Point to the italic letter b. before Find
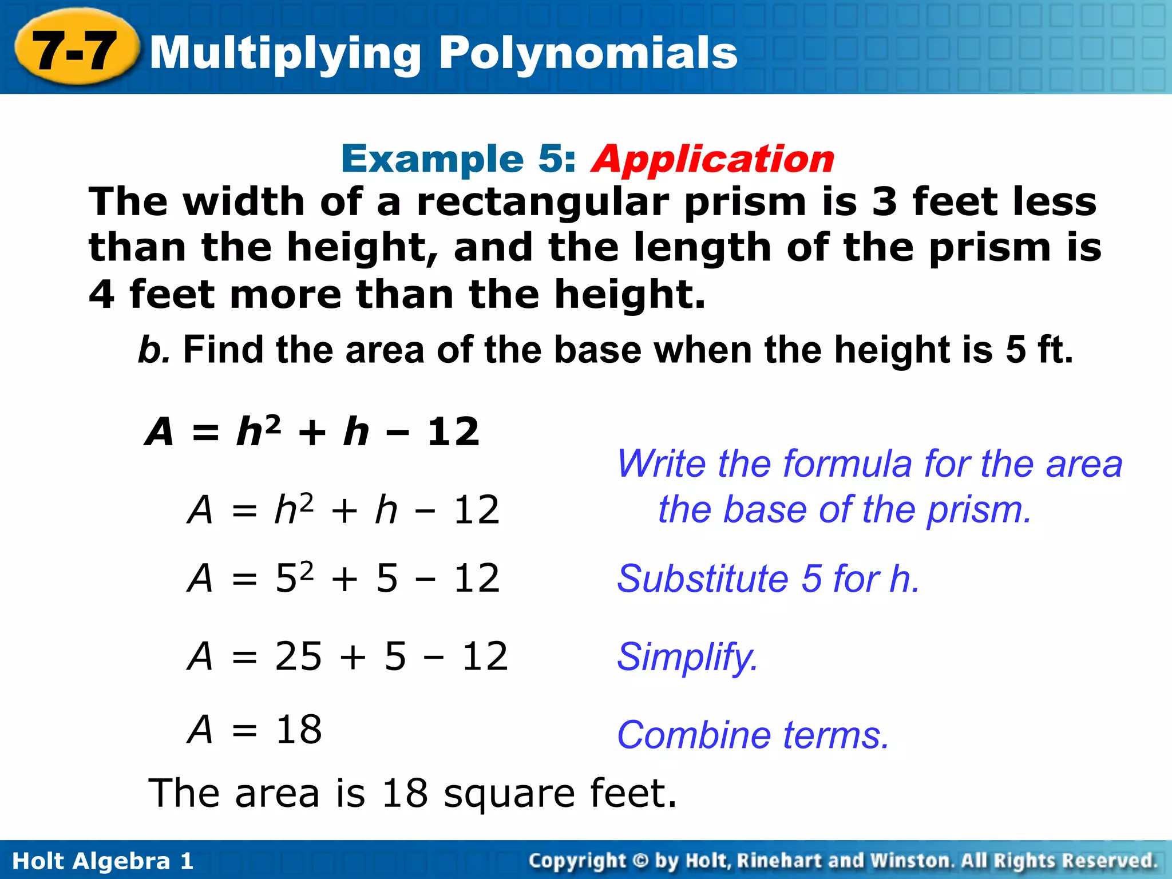pos(153,350)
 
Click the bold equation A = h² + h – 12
pos(312,431)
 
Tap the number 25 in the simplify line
pos(298,656)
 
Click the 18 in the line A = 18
pos(298,730)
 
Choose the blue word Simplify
pos(687,657)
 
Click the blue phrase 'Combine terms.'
pos(753,735)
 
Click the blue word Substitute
pos(702,579)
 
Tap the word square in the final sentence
pos(509,794)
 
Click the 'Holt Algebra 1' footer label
pos(102,861)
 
